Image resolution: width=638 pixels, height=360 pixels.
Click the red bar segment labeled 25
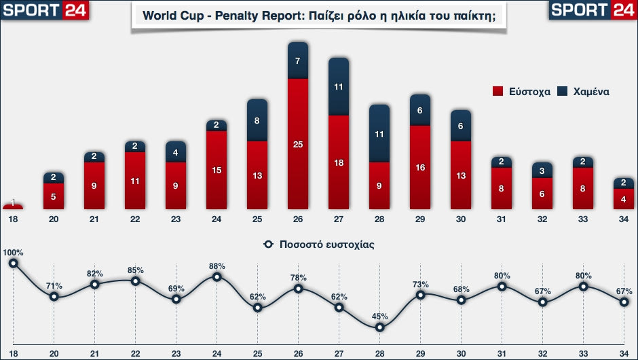point(298,144)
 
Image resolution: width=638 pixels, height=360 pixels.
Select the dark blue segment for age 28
point(379,134)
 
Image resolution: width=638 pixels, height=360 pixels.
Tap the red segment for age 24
point(217,170)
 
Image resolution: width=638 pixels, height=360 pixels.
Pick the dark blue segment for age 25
point(257,121)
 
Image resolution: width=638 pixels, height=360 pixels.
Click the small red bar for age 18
point(13,206)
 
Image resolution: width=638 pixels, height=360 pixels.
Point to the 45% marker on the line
point(379,327)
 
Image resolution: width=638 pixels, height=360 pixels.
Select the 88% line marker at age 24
point(217,276)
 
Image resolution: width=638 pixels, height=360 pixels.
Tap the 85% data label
point(135,270)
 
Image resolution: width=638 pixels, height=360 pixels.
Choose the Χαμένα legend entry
point(583,91)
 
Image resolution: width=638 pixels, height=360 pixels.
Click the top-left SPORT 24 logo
point(45,10)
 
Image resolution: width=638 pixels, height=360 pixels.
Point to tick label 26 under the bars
point(298,218)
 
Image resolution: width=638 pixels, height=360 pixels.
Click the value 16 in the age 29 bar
point(420,167)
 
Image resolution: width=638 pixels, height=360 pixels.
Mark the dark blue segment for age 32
point(542,170)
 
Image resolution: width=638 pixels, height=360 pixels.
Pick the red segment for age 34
point(624,198)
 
